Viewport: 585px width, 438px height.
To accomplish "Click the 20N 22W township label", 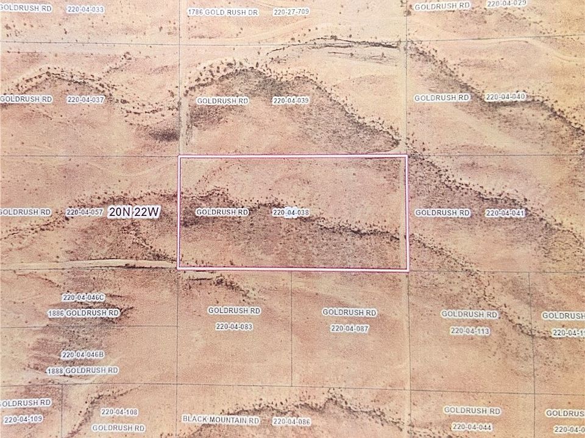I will [134, 212].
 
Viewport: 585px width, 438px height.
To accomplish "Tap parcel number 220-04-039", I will [291, 100].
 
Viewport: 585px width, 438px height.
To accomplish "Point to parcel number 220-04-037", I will [86, 99].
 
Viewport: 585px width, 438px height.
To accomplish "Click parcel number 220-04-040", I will [505, 97].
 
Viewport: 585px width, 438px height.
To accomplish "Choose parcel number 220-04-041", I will [505, 213].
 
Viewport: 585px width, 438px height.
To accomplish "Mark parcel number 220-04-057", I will [84, 212].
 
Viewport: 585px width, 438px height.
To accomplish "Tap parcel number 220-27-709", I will [292, 12].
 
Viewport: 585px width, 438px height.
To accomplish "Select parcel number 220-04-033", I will [86, 10].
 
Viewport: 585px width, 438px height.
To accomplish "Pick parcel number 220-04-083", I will [234, 327].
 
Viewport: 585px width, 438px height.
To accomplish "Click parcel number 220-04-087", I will [350, 328].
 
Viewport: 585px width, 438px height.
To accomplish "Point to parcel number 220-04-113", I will [470, 331].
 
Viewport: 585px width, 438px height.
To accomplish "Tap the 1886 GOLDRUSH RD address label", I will [83, 313].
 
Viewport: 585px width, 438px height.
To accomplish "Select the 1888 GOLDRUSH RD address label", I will [82, 370].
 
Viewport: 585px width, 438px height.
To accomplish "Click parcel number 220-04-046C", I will [83, 297].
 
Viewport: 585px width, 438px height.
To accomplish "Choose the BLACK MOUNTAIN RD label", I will [221, 420].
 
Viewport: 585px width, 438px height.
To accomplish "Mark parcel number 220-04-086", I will [292, 422].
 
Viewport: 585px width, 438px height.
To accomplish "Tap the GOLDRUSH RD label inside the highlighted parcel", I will [222, 212].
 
